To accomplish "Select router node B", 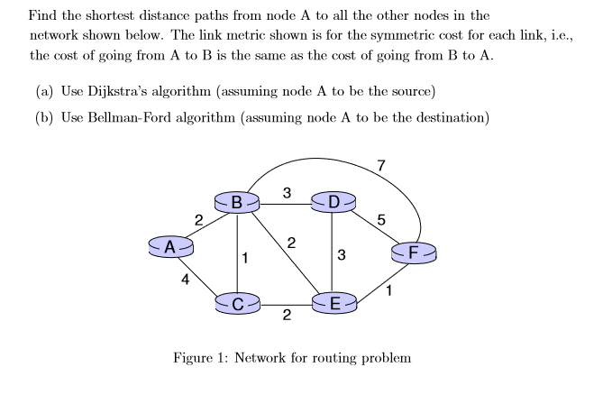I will click(x=237, y=202).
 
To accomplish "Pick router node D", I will click(x=333, y=202).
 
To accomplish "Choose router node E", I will click(x=334, y=304).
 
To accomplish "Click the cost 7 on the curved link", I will click(x=381, y=165).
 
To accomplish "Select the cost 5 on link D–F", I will click(x=381, y=219).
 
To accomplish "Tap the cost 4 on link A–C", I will click(x=185, y=280).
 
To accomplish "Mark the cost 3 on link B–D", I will click(x=286, y=191).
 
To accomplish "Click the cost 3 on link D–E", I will click(x=341, y=254).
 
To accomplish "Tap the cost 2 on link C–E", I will click(x=286, y=315).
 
